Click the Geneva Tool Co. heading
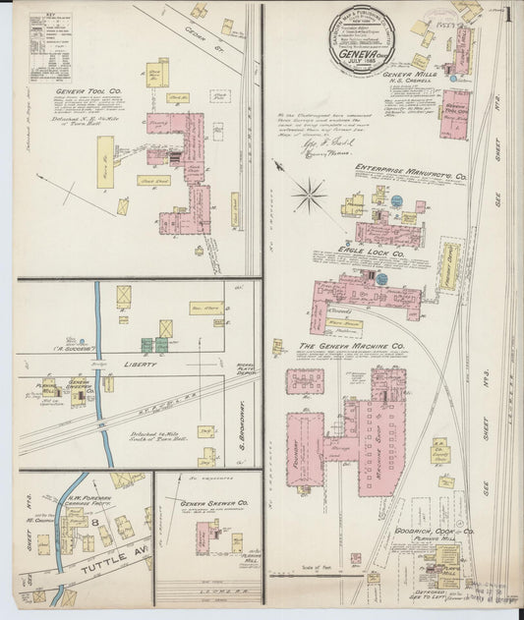point(89,91)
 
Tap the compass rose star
point(309,194)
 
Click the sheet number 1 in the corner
point(506,15)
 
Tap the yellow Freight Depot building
point(449,266)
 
